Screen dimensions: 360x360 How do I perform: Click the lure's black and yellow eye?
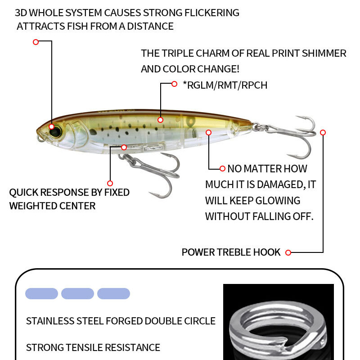[52, 126]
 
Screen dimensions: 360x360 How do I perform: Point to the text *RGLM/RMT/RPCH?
[225, 85]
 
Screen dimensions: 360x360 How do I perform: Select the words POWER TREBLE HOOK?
[231, 252]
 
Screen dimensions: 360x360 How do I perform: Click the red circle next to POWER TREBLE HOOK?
[288, 252]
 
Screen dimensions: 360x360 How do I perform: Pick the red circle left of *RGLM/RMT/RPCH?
[175, 84]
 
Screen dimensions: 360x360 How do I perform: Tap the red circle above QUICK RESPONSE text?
[110, 183]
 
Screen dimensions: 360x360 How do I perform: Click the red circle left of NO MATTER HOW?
[222, 169]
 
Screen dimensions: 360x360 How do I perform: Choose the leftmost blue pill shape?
[41, 294]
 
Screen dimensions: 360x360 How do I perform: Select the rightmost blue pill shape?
[113, 294]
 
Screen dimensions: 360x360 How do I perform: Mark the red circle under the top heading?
[36, 42]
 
